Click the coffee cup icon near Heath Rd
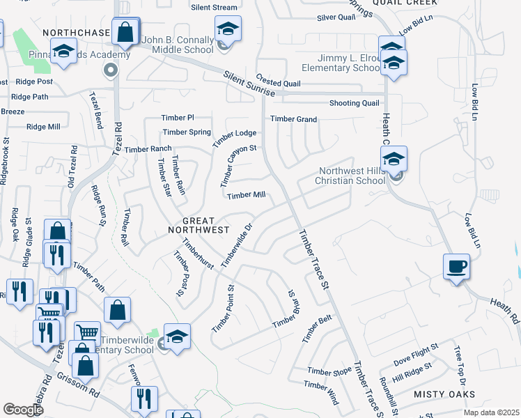(x=456, y=267)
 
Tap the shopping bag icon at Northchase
(x=125, y=31)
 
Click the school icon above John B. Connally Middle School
(x=228, y=29)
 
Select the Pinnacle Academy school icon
(x=64, y=52)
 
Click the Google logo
(x=23, y=410)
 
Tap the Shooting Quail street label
(x=354, y=103)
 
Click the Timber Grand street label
(x=294, y=119)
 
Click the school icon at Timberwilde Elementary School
(x=177, y=336)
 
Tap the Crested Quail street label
(x=278, y=83)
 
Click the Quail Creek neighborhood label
(x=399, y=3)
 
